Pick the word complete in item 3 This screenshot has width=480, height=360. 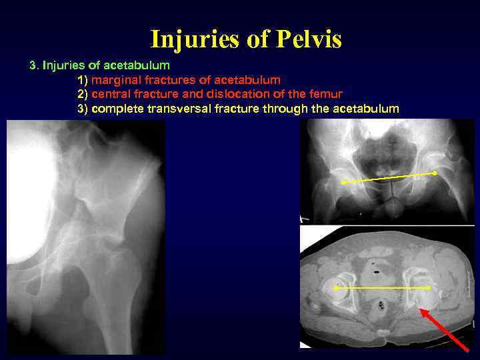pos(116,109)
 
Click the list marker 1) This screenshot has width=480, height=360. pos(83,79)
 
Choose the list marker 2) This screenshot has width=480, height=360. pos(83,94)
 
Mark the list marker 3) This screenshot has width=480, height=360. pos(83,109)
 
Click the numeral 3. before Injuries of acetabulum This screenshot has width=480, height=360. pos(33,65)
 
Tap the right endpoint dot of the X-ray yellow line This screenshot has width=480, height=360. pos(435,173)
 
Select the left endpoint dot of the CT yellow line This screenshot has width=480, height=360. pos(336,288)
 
